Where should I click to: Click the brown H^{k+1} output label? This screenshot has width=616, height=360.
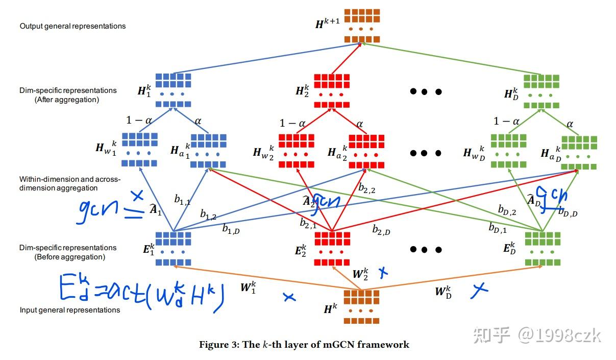(327, 22)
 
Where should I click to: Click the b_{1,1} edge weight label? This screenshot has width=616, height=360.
(182, 201)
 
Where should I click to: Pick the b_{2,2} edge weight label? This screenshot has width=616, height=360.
(367, 188)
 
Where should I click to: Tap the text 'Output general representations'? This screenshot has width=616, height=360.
(72, 26)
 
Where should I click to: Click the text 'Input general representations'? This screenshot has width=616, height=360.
(70, 310)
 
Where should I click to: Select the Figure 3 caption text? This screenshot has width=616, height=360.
(304, 345)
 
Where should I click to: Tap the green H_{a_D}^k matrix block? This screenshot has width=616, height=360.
(579, 152)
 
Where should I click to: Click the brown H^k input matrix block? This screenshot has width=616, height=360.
(361, 306)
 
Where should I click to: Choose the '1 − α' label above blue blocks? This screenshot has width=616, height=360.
(139, 121)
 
